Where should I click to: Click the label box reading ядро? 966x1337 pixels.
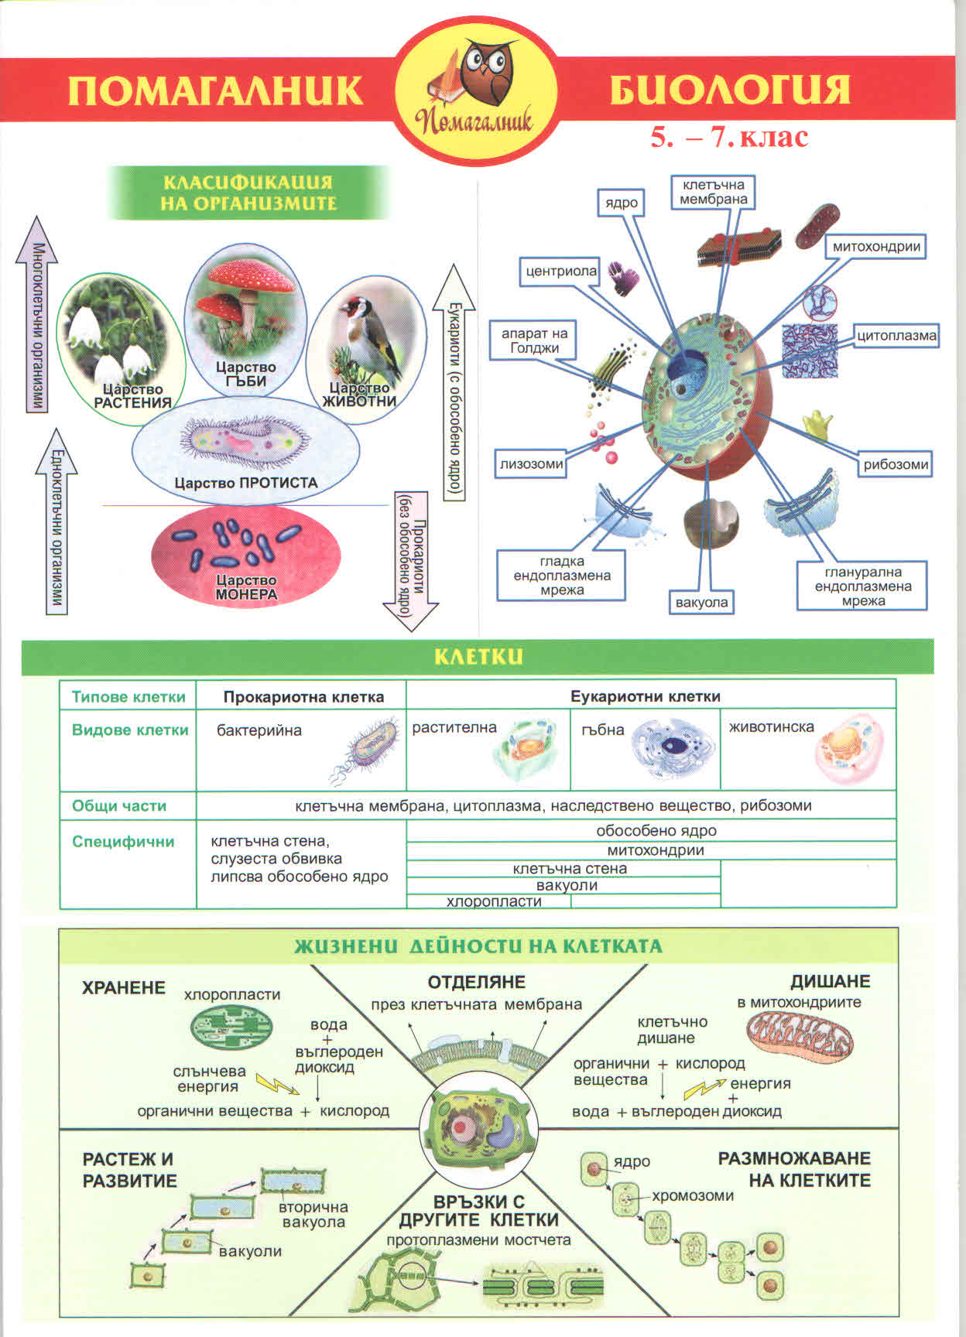622,203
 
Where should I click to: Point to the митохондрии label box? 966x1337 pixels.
876,247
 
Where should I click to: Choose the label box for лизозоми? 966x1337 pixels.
532,464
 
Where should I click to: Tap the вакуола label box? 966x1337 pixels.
701,602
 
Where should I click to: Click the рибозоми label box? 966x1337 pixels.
896,464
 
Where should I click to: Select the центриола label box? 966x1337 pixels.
561,271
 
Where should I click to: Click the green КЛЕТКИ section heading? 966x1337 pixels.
478,657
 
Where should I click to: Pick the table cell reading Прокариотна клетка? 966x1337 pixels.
303,696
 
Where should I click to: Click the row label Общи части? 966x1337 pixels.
119,805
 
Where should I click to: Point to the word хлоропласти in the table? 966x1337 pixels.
494,901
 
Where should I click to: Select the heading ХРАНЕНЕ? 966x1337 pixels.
124,987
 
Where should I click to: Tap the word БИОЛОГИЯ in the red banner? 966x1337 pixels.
729,90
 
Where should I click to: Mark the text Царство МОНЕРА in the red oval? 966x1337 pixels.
246,587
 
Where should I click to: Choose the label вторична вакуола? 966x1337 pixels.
313,1214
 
